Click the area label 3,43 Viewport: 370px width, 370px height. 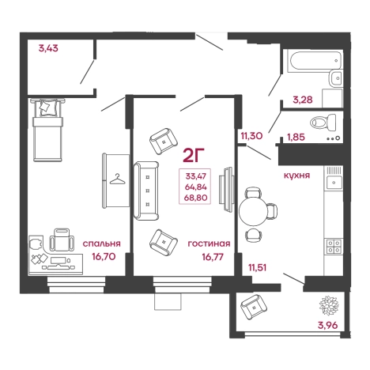pyautogui.click(x=48, y=48)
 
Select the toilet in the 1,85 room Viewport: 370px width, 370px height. pyautogui.click(x=323, y=123)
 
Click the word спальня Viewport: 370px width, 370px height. pyautogui.click(x=102, y=244)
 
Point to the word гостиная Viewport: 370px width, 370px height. pyautogui.click(x=209, y=244)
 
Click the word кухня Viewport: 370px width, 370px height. pyautogui.click(x=296, y=176)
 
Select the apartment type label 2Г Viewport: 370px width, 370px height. pyautogui.click(x=194, y=155)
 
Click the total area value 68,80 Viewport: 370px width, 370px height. pyautogui.click(x=195, y=198)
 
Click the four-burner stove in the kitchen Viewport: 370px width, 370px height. pyautogui.click(x=334, y=246)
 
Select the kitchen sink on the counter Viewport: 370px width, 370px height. pyautogui.click(x=334, y=183)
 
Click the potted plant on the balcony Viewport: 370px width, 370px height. pyautogui.click(x=329, y=305)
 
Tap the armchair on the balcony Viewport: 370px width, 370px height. pyautogui.click(x=254, y=307)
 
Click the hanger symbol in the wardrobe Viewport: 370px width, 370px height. pyautogui.click(x=117, y=179)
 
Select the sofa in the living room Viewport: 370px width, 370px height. pyautogui.click(x=146, y=191)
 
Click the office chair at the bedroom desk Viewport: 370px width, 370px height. pyautogui.click(x=62, y=240)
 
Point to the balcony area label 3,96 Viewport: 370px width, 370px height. pyautogui.click(x=327, y=325)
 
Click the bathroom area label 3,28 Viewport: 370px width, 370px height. pyautogui.click(x=303, y=100)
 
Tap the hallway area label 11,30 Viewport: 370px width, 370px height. pyautogui.click(x=251, y=136)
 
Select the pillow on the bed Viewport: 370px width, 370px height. pyautogui.click(x=47, y=108)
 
